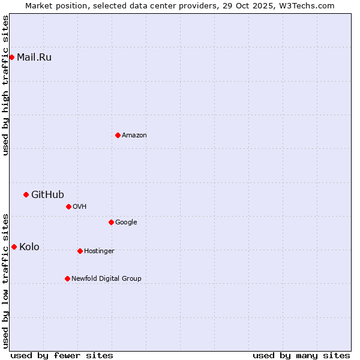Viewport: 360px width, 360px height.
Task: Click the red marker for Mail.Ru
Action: (11, 57)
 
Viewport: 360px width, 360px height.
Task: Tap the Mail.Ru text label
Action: (34, 58)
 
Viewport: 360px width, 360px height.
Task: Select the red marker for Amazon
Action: (118, 135)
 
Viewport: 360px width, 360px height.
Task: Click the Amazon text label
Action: (134, 136)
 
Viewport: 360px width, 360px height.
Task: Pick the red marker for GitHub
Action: (26, 194)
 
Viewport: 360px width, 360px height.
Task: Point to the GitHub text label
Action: (47, 194)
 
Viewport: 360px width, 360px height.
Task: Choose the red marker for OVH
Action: (68, 206)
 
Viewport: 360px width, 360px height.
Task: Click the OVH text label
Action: (80, 207)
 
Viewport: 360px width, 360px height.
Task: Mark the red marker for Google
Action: (111, 222)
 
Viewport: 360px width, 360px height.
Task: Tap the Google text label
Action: (126, 223)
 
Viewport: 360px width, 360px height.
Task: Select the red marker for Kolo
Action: (14, 247)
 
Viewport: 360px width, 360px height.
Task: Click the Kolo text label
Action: (29, 247)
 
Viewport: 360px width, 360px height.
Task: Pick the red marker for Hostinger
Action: (80, 251)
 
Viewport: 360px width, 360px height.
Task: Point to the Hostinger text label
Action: (99, 251)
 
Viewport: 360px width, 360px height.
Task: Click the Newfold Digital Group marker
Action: (67, 278)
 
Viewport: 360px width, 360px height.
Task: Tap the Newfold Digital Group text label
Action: (106, 279)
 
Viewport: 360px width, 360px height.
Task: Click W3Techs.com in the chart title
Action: (309, 5)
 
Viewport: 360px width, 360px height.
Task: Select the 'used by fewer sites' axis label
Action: (62, 355)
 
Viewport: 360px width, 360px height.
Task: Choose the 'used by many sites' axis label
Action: (301, 355)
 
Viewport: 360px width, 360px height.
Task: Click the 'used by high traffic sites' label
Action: (5, 85)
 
